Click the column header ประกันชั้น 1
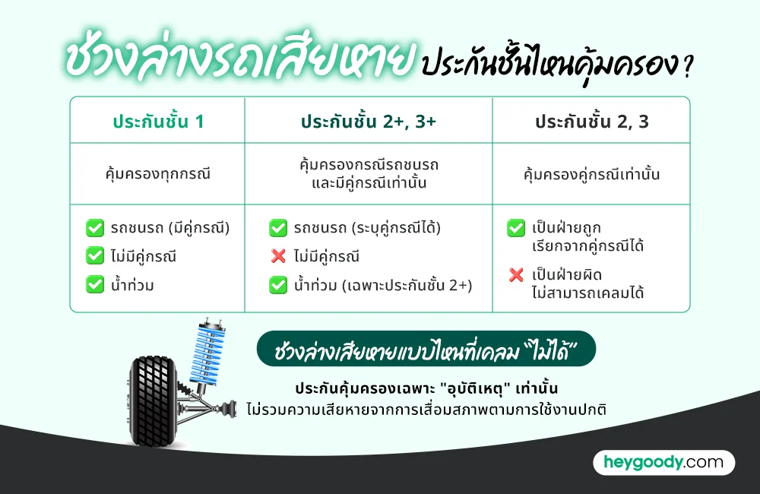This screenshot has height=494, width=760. pyautogui.click(x=158, y=121)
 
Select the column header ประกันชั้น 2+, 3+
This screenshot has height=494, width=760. pyautogui.click(x=368, y=121)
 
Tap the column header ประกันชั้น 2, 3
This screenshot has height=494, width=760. pyautogui.click(x=591, y=121)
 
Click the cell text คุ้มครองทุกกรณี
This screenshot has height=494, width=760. pyautogui.click(x=158, y=174)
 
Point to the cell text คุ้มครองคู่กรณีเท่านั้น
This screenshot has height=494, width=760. pyautogui.click(x=591, y=174)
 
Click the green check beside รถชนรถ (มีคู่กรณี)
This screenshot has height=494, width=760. pyautogui.click(x=95, y=227)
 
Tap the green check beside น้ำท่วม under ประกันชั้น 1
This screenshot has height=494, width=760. pyautogui.click(x=95, y=285)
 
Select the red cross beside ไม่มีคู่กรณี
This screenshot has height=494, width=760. pyautogui.click(x=278, y=257)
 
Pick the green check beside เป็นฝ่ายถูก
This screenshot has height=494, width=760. pyautogui.click(x=516, y=227)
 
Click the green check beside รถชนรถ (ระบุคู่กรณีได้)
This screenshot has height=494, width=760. pyautogui.click(x=278, y=227)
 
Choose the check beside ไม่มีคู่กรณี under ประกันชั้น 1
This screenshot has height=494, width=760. pyautogui.click(x=95, y=256)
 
